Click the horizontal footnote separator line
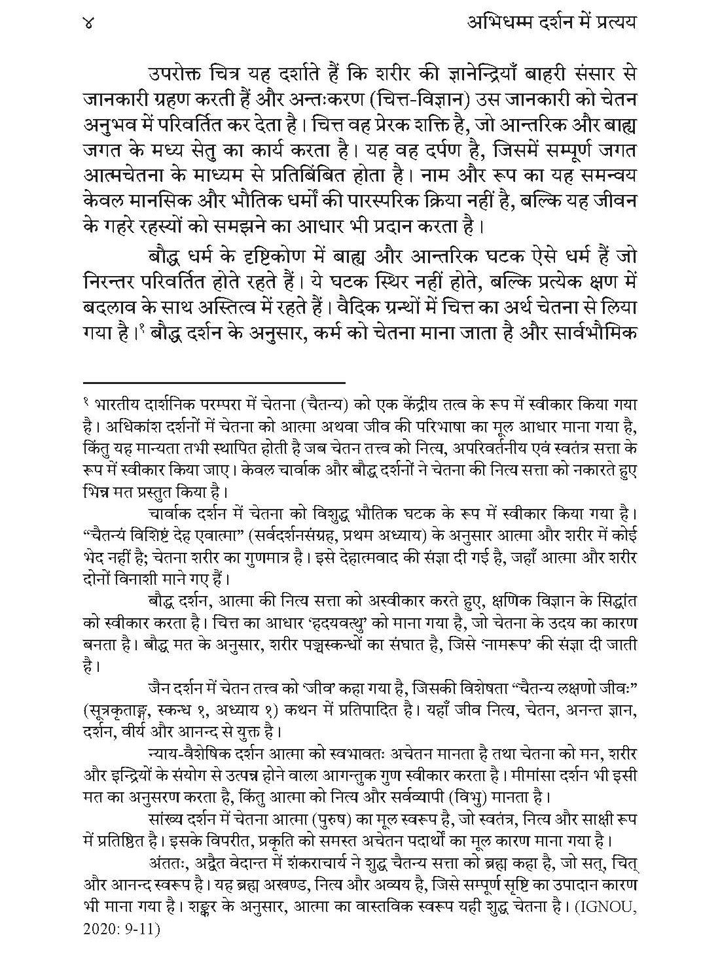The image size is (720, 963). click(214, 381)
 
